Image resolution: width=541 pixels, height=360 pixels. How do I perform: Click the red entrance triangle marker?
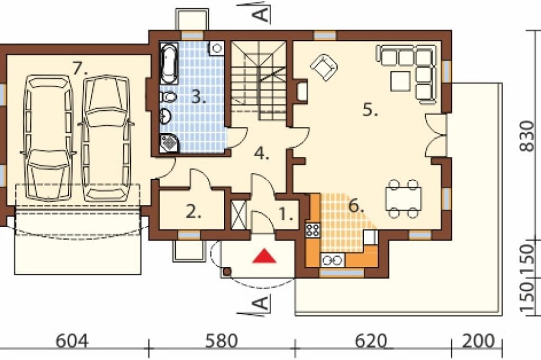pos(265,256)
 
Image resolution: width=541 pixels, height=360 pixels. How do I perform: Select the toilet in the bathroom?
pos(168,97)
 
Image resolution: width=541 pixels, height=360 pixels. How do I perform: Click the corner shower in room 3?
pos(169,143)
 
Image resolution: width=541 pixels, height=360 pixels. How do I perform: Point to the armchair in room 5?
pos(324,67)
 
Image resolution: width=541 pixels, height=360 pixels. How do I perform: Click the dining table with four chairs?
pos(404,199)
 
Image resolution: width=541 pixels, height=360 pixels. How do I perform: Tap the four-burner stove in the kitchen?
pos(313,230)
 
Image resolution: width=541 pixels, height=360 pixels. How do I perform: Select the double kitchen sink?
pos(333,261)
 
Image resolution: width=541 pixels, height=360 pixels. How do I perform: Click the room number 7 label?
pos(80,68)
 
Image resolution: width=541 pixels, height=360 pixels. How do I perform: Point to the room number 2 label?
pos(193,212)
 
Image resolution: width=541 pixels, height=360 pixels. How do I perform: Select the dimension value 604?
pos(72,342)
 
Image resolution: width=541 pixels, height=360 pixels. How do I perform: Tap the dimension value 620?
pos(370,342)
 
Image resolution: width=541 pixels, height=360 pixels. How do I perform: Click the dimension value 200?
pos(478,342)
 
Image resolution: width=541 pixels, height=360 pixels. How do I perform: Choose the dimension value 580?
pos(221,342)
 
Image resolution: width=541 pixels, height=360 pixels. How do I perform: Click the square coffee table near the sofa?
pos(400,81)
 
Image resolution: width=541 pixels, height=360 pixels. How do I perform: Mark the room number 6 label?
pos(356,206)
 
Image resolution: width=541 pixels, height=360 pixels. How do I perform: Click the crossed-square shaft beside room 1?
pos(238,215)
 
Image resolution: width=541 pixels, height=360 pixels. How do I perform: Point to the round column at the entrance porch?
pos(227,272)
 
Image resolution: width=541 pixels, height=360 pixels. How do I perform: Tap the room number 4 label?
pos(261,154)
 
